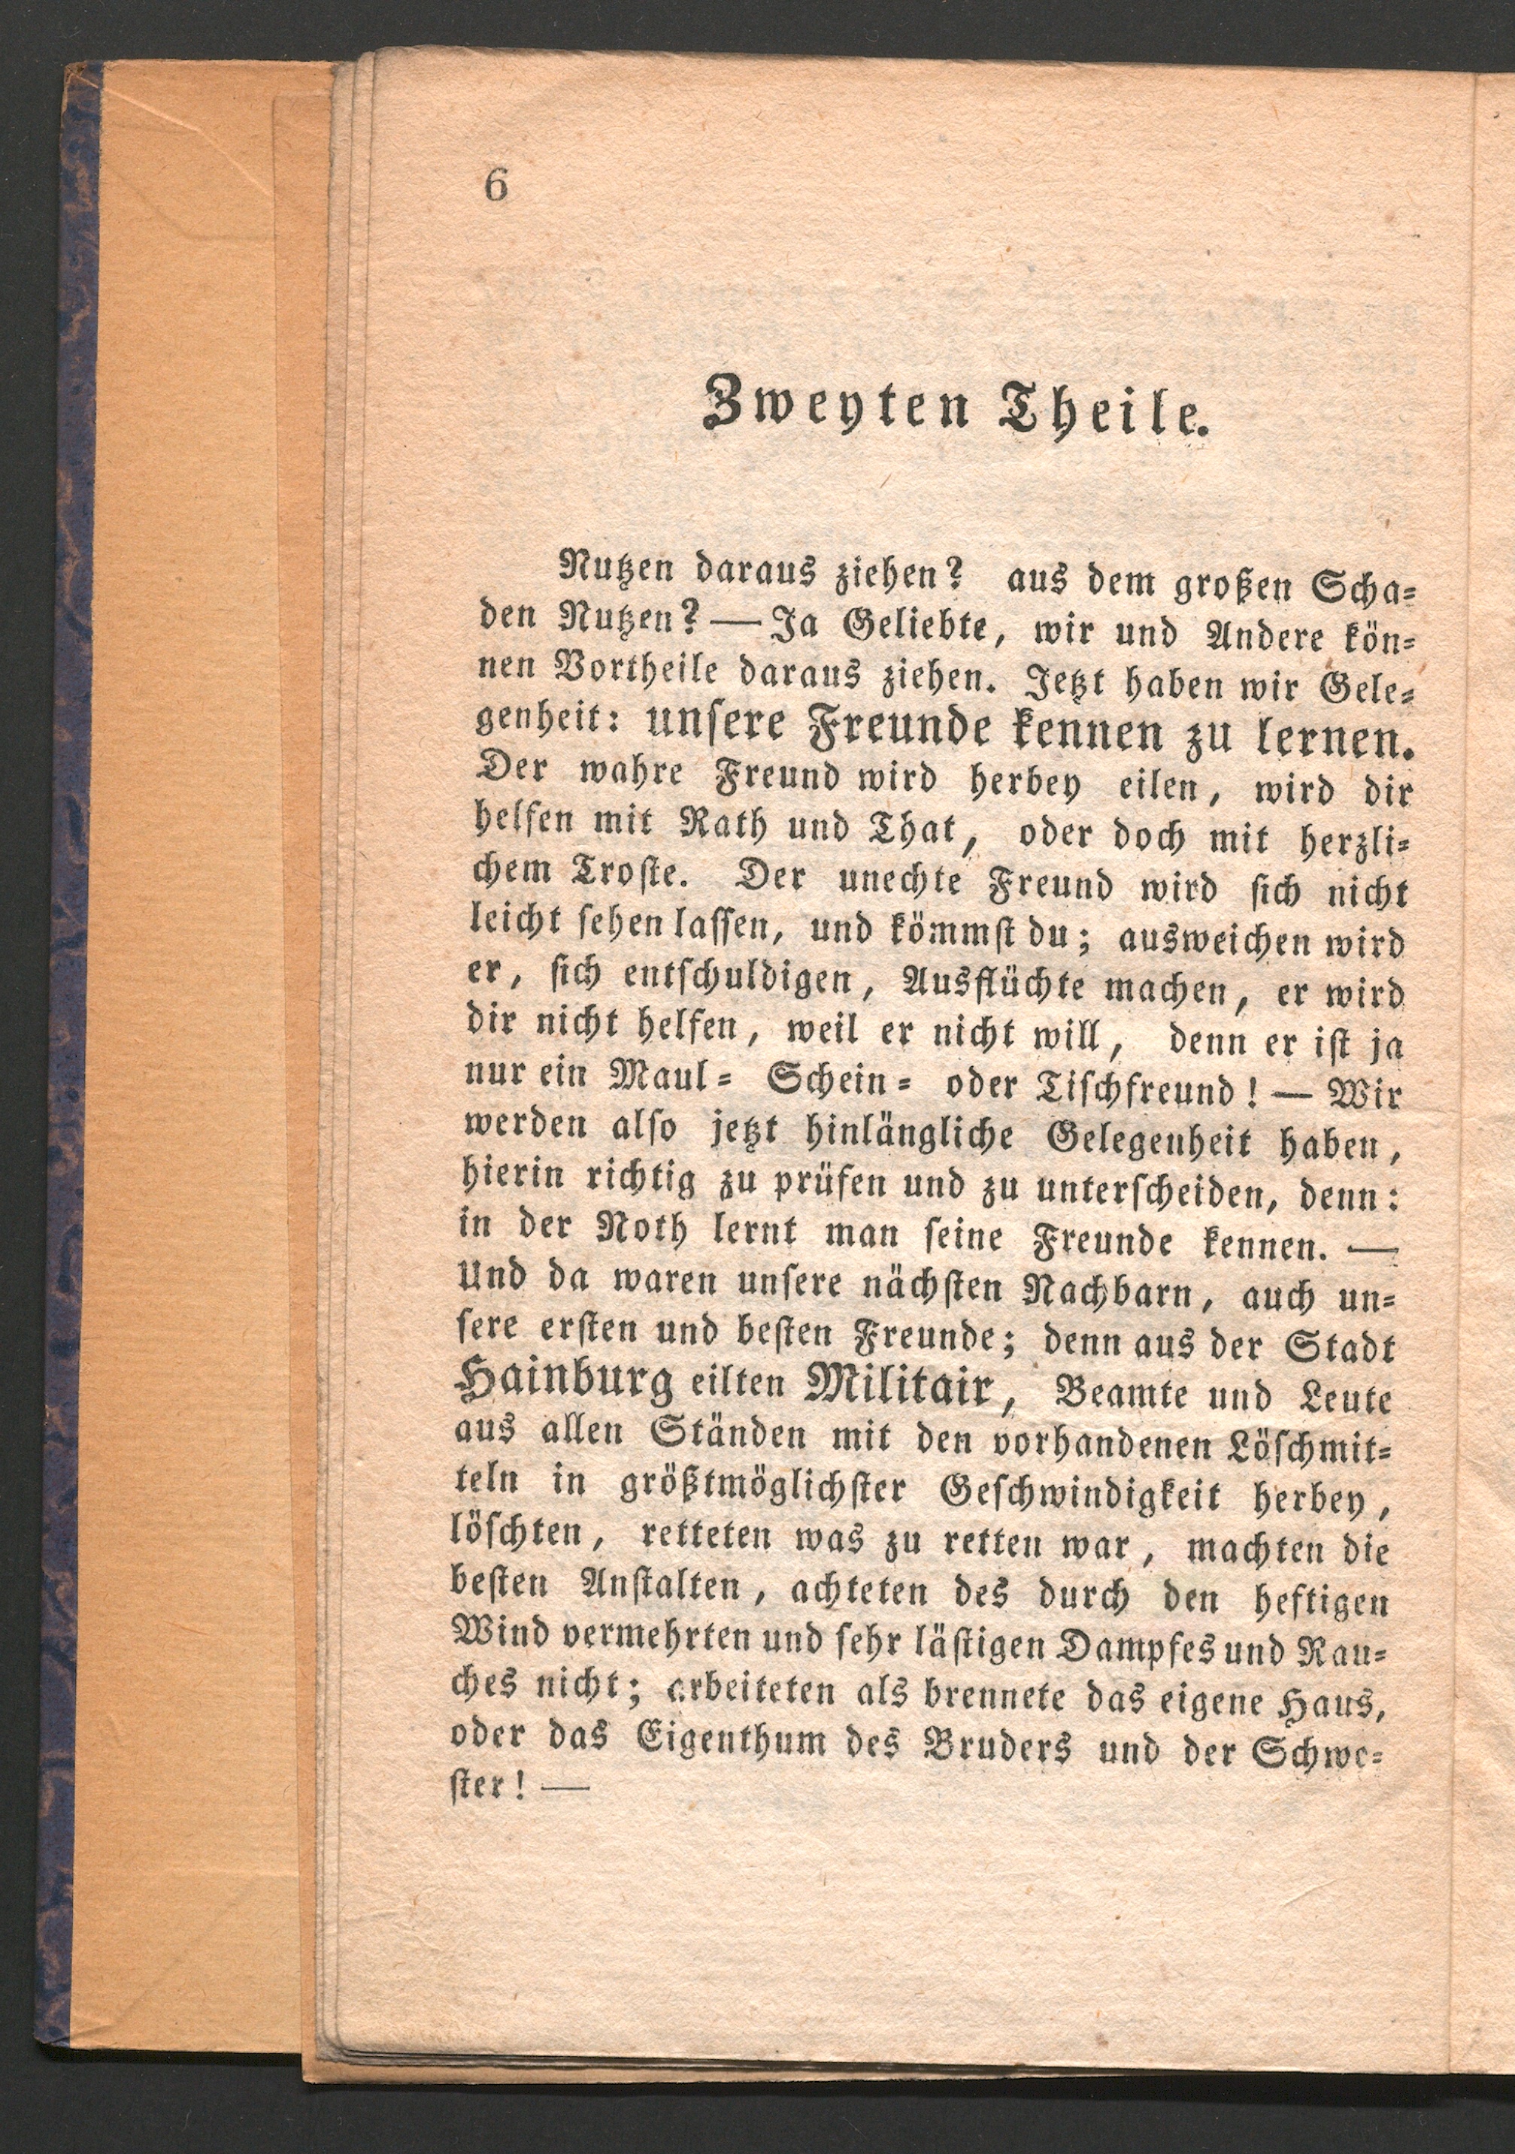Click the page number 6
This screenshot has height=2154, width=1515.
(x=495, y=186)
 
